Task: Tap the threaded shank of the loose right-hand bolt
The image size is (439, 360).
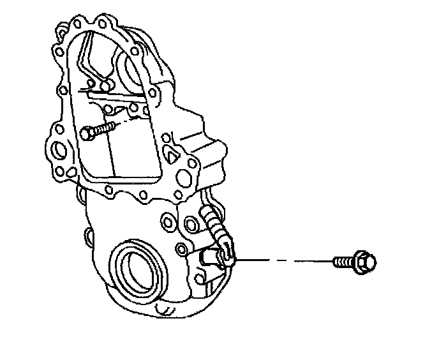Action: pos(343,261)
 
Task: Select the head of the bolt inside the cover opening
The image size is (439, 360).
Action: pos(88,133)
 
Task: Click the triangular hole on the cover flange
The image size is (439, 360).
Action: pos(171,153)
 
